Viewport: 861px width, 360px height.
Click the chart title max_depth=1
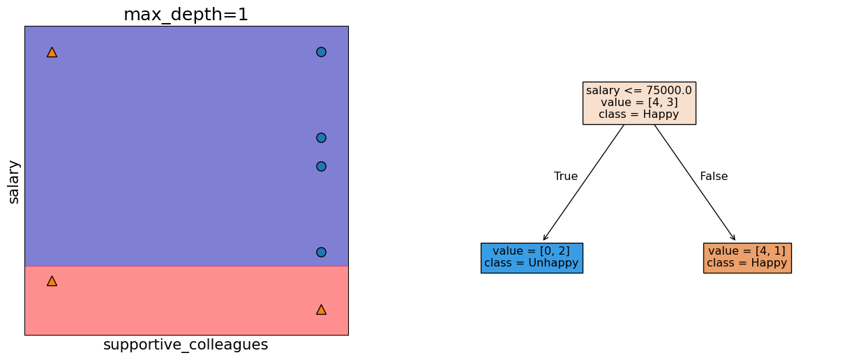186,15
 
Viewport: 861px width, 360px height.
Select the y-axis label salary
14,181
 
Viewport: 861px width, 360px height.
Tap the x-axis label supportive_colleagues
186,345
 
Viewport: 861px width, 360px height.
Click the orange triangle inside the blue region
52,52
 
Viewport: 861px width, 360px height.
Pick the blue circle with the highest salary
321,52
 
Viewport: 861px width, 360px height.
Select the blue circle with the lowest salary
321,252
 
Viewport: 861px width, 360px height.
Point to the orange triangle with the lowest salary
321,310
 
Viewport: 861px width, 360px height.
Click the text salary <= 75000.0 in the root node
638,91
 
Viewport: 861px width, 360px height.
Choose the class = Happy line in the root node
638,114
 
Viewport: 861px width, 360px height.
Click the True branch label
566,177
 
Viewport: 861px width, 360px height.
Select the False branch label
714,177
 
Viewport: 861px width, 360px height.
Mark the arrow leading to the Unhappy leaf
583,183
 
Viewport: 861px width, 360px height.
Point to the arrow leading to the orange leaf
695,183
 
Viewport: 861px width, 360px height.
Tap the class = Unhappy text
531,263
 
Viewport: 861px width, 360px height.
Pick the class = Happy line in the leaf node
747,263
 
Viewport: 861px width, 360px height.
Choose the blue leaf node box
531,257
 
